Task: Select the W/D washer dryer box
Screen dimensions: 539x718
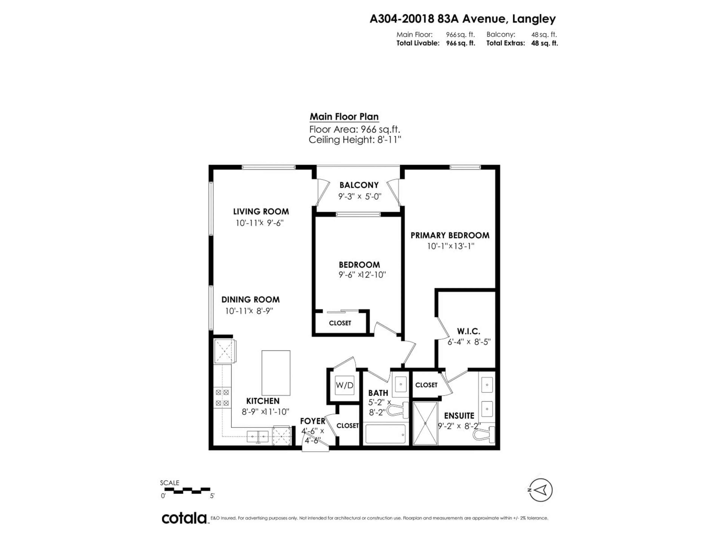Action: click(344, 385)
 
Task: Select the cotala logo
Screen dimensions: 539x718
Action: click(184, 518)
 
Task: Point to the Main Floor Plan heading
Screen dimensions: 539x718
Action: click(344, 117)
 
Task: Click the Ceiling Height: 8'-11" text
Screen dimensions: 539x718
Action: click(355, 140)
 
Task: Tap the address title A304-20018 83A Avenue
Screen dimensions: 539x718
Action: click(463, 19)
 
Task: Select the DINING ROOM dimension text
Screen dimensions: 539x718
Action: click(249, 311)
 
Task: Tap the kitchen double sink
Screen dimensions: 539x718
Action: click(258, 436)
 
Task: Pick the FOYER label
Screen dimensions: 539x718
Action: click(312, 421)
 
